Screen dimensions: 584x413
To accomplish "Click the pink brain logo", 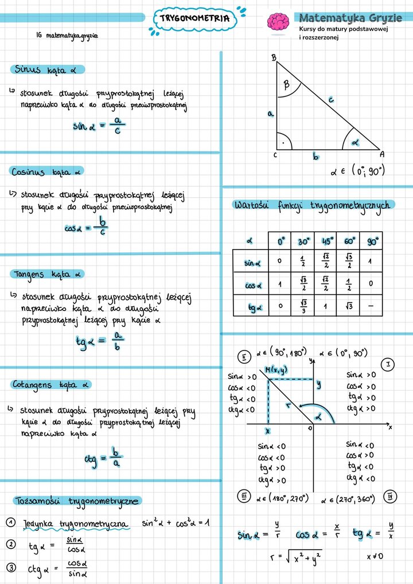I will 278,22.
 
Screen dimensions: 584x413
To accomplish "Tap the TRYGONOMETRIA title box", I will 194,18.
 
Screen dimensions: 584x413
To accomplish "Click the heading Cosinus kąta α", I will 46,172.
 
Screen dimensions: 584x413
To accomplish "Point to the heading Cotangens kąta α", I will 51,384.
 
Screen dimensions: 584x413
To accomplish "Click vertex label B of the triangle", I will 274,57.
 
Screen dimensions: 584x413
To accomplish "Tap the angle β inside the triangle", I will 287,85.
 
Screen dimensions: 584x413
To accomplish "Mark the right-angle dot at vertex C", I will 281,141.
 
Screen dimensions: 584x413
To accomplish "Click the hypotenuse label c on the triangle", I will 331,100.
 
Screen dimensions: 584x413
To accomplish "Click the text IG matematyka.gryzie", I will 67,36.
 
